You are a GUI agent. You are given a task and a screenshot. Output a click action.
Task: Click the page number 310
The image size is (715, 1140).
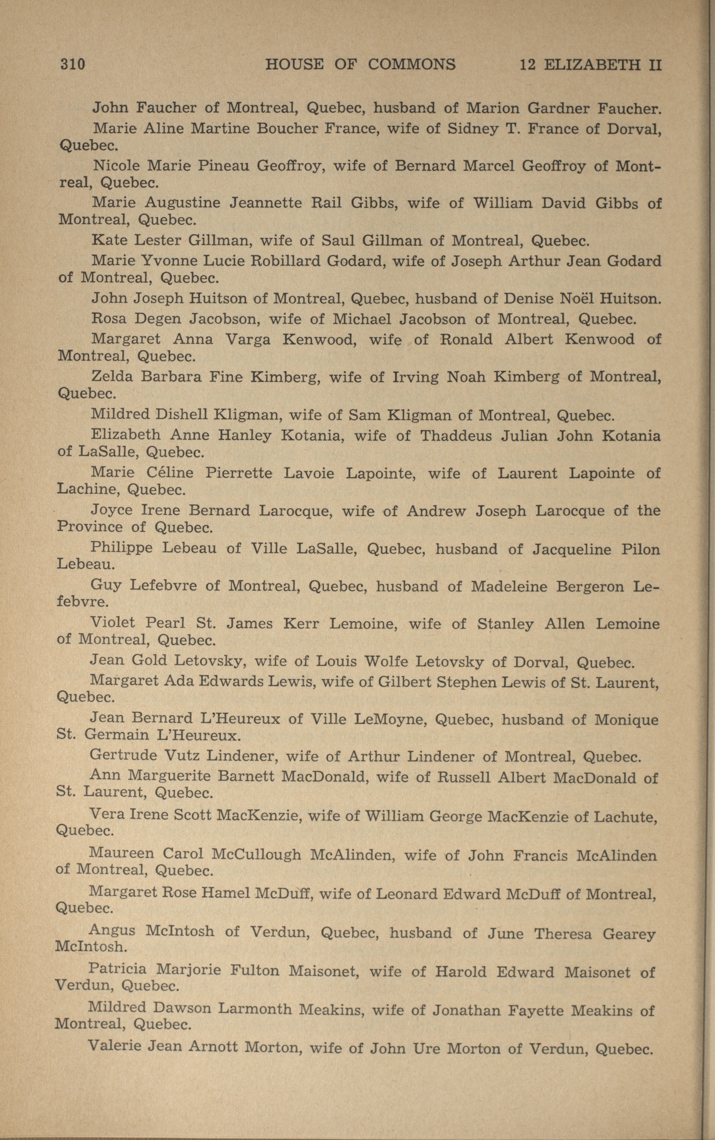pyautogui.click(x=73, y=64)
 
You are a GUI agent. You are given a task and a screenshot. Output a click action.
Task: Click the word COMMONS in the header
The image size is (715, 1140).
pyautogui.click(x=411, y=64)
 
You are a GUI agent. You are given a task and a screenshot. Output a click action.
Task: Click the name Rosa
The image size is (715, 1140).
pyautogui.click(x=108, y=319)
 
